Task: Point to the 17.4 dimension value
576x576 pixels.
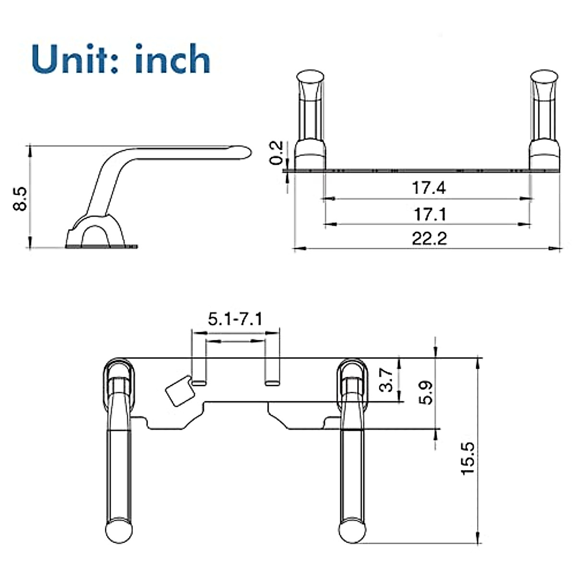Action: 429,188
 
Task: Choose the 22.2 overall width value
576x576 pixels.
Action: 429,239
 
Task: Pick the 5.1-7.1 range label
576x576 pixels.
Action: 235,319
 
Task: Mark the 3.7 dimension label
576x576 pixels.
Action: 387,380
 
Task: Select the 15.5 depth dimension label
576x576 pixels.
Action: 468,458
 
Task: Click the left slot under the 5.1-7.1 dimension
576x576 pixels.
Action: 200,383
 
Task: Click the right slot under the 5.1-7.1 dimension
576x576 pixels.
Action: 272,383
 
